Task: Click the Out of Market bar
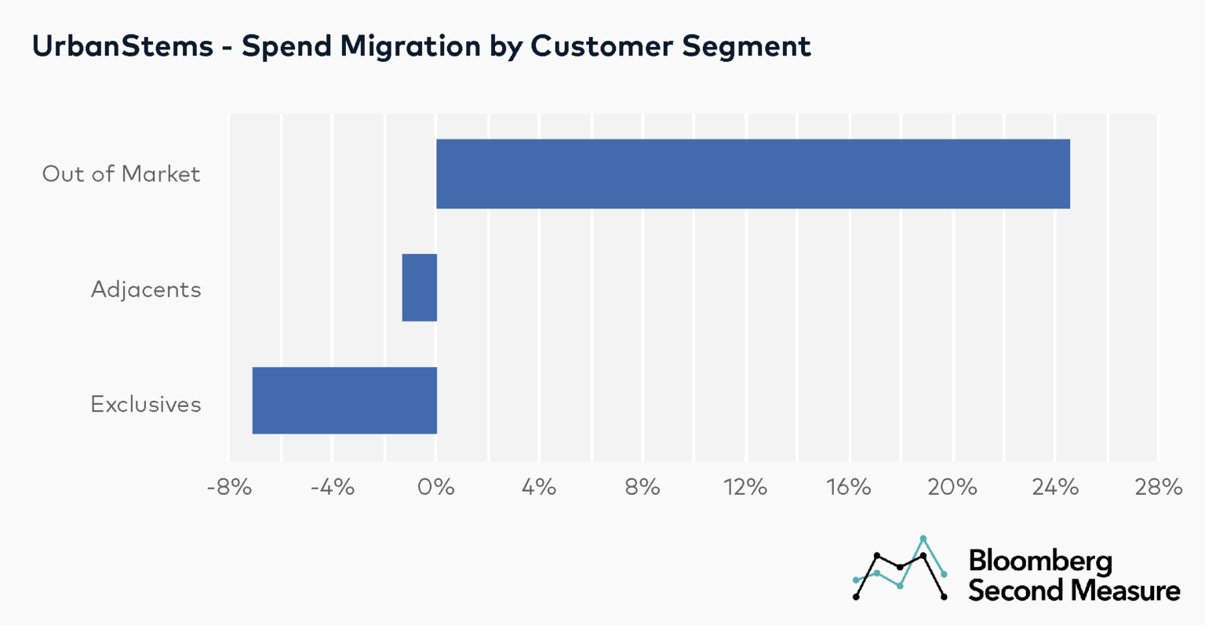pos(752,174)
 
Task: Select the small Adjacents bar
pos(419,288)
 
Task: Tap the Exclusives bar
pos(344,401)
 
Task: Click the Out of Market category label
pos(122,174)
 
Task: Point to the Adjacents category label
pos(146,289)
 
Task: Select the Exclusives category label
pos(146,404)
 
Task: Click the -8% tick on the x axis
pos(229,488)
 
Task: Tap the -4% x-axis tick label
pos(333,488)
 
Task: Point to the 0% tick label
pos(436,488)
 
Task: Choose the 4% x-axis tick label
pos(539,488)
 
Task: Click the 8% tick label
pos(643,488)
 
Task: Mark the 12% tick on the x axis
pos(745,488)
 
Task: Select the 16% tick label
pos(849,488)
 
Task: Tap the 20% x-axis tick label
pos(952,488)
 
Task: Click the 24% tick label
pos(1055,488)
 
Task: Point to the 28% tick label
pos(1158,488)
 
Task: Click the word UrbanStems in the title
pos(122,46)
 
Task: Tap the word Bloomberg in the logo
pos(1040,561)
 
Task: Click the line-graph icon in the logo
pos(900,569)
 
